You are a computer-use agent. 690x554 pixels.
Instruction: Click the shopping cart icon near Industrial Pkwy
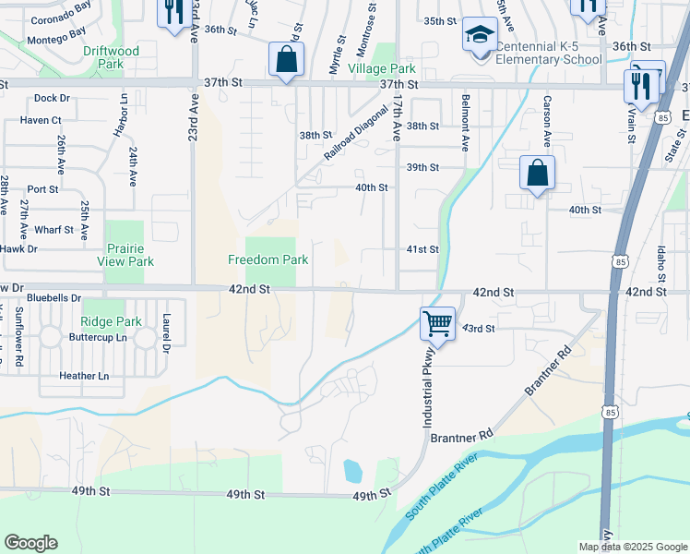[438, 324]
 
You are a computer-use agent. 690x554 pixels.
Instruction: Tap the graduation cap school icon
[479, 35]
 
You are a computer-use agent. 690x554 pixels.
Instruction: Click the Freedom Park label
[268, 260]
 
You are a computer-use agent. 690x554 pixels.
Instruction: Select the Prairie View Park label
[125, 256]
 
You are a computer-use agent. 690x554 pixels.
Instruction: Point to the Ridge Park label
[111, 322]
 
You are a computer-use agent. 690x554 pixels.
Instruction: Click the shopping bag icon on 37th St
[287, 61]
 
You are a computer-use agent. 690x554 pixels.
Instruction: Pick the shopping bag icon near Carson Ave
[537, 173]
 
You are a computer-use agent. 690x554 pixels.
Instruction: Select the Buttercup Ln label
[98, 339]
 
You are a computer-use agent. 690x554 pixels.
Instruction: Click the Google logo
[30, 543]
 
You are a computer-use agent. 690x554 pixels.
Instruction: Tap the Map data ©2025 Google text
[631, 547]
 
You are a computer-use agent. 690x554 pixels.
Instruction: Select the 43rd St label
[479, 329]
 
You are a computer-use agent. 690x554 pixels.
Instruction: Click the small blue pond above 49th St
[352, 472]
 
